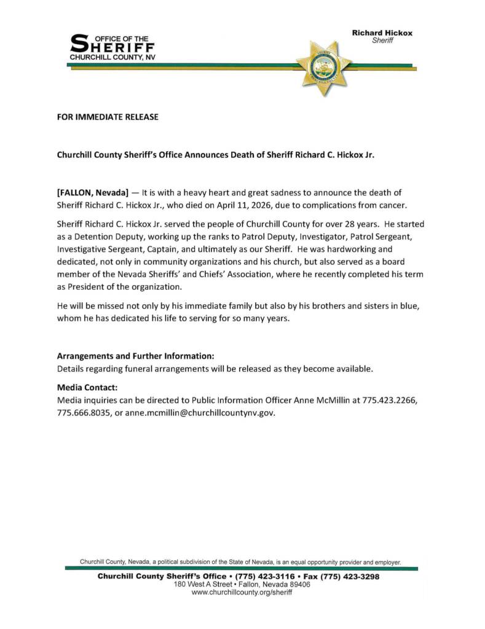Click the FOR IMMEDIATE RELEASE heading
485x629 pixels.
pos(108,117)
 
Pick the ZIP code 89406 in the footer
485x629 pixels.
pos(298,585)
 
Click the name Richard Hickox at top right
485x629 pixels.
pos(382,33)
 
